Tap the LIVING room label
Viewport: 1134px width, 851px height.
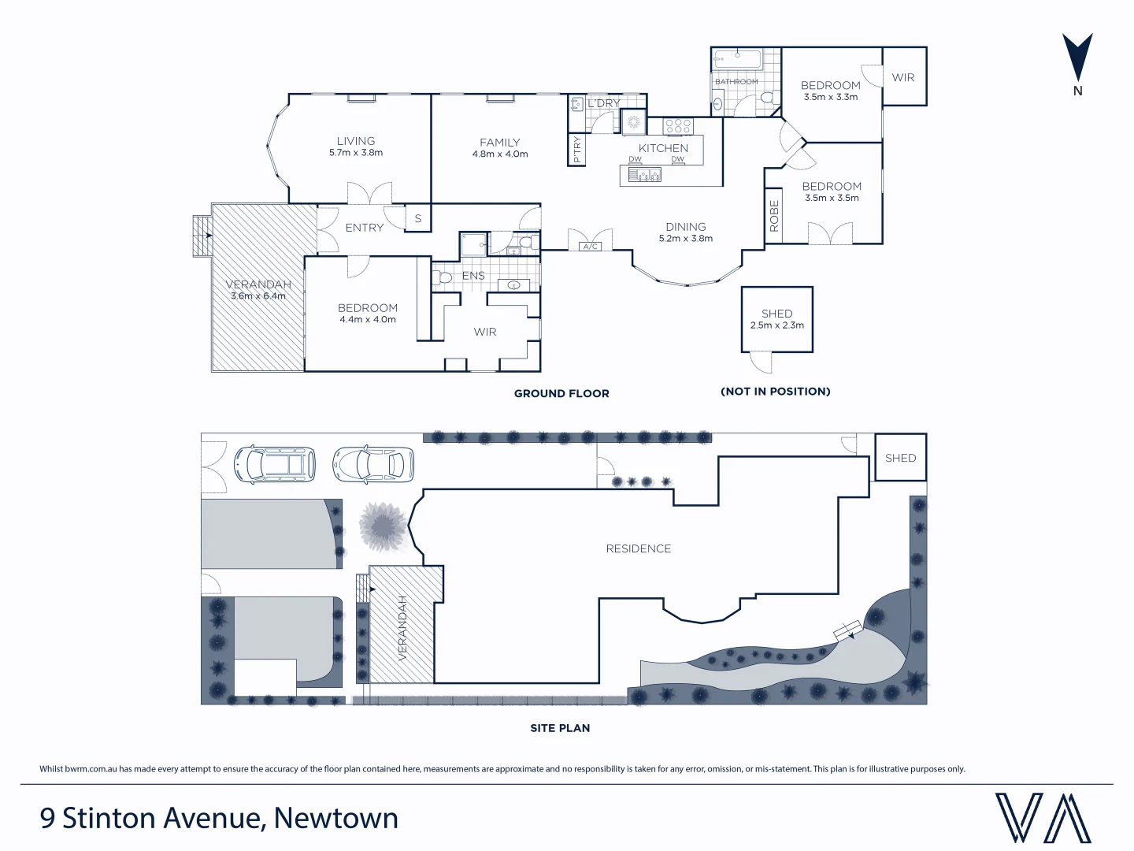[356, 141]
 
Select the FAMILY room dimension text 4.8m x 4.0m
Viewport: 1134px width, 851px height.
[500, 154]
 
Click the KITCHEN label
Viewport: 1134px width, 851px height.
[663, 148]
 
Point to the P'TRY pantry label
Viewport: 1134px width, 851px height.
[577, 150]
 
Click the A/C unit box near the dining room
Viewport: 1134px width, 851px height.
[591, 247]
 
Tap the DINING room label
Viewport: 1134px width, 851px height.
[685, 227]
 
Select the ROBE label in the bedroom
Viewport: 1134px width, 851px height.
[774, 216]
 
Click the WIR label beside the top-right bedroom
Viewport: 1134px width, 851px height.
[903, 77]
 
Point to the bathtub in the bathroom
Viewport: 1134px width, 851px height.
[738, 58]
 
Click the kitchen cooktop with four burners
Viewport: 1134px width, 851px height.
[678, 125]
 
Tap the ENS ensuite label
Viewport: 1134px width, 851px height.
[473, 275]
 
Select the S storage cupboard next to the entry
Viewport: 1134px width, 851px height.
[418, 218]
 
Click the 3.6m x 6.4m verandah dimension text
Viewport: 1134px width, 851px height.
[258, 296]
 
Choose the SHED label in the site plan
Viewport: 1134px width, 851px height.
[900, 458]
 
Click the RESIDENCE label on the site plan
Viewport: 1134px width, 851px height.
[639, 548]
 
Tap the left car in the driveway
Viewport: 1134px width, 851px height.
[275, 464]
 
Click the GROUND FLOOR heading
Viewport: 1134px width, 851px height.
[561, 393]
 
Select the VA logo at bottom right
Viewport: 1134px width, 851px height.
[1043, 818]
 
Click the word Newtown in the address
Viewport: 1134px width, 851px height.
[335, 818]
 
